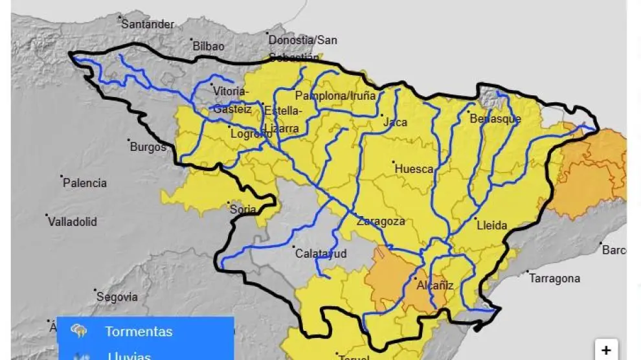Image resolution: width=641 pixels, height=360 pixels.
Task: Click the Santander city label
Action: click(x=148, y=25)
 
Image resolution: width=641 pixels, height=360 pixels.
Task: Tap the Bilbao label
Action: click(x=208, y=47)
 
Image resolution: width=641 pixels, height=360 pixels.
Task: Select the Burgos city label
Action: click(x=148, y=147)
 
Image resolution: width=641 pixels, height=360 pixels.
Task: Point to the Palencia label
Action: click(x=85, y=183)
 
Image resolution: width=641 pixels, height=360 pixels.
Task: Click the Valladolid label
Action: click(x=73, y=222)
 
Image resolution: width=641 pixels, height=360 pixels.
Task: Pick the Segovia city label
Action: click(x=117, y=297)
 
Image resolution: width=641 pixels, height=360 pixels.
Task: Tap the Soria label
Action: click(x=243, y=210)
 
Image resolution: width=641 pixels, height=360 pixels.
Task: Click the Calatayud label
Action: click(x=321, y=254)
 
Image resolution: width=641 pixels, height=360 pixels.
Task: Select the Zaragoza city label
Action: click(x=381, y=221)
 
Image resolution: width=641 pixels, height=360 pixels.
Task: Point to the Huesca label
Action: click(x=414, y=169)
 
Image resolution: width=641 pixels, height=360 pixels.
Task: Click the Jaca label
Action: click(x=395, y=122)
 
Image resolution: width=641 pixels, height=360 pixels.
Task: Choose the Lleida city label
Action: click(x=491, y=226)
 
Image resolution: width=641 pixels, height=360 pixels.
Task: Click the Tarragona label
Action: click(x=555, y=278)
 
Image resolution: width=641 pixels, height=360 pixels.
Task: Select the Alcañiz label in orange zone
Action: click(x=435, y=286)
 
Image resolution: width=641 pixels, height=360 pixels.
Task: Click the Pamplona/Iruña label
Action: click(x=335, y=96)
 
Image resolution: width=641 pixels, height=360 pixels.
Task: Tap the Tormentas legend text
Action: click(x=139, y=332)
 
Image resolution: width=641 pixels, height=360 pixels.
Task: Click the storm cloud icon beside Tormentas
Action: click(x=80, y=332)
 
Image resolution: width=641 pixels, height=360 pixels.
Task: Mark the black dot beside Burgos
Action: click(x=129, y=140)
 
